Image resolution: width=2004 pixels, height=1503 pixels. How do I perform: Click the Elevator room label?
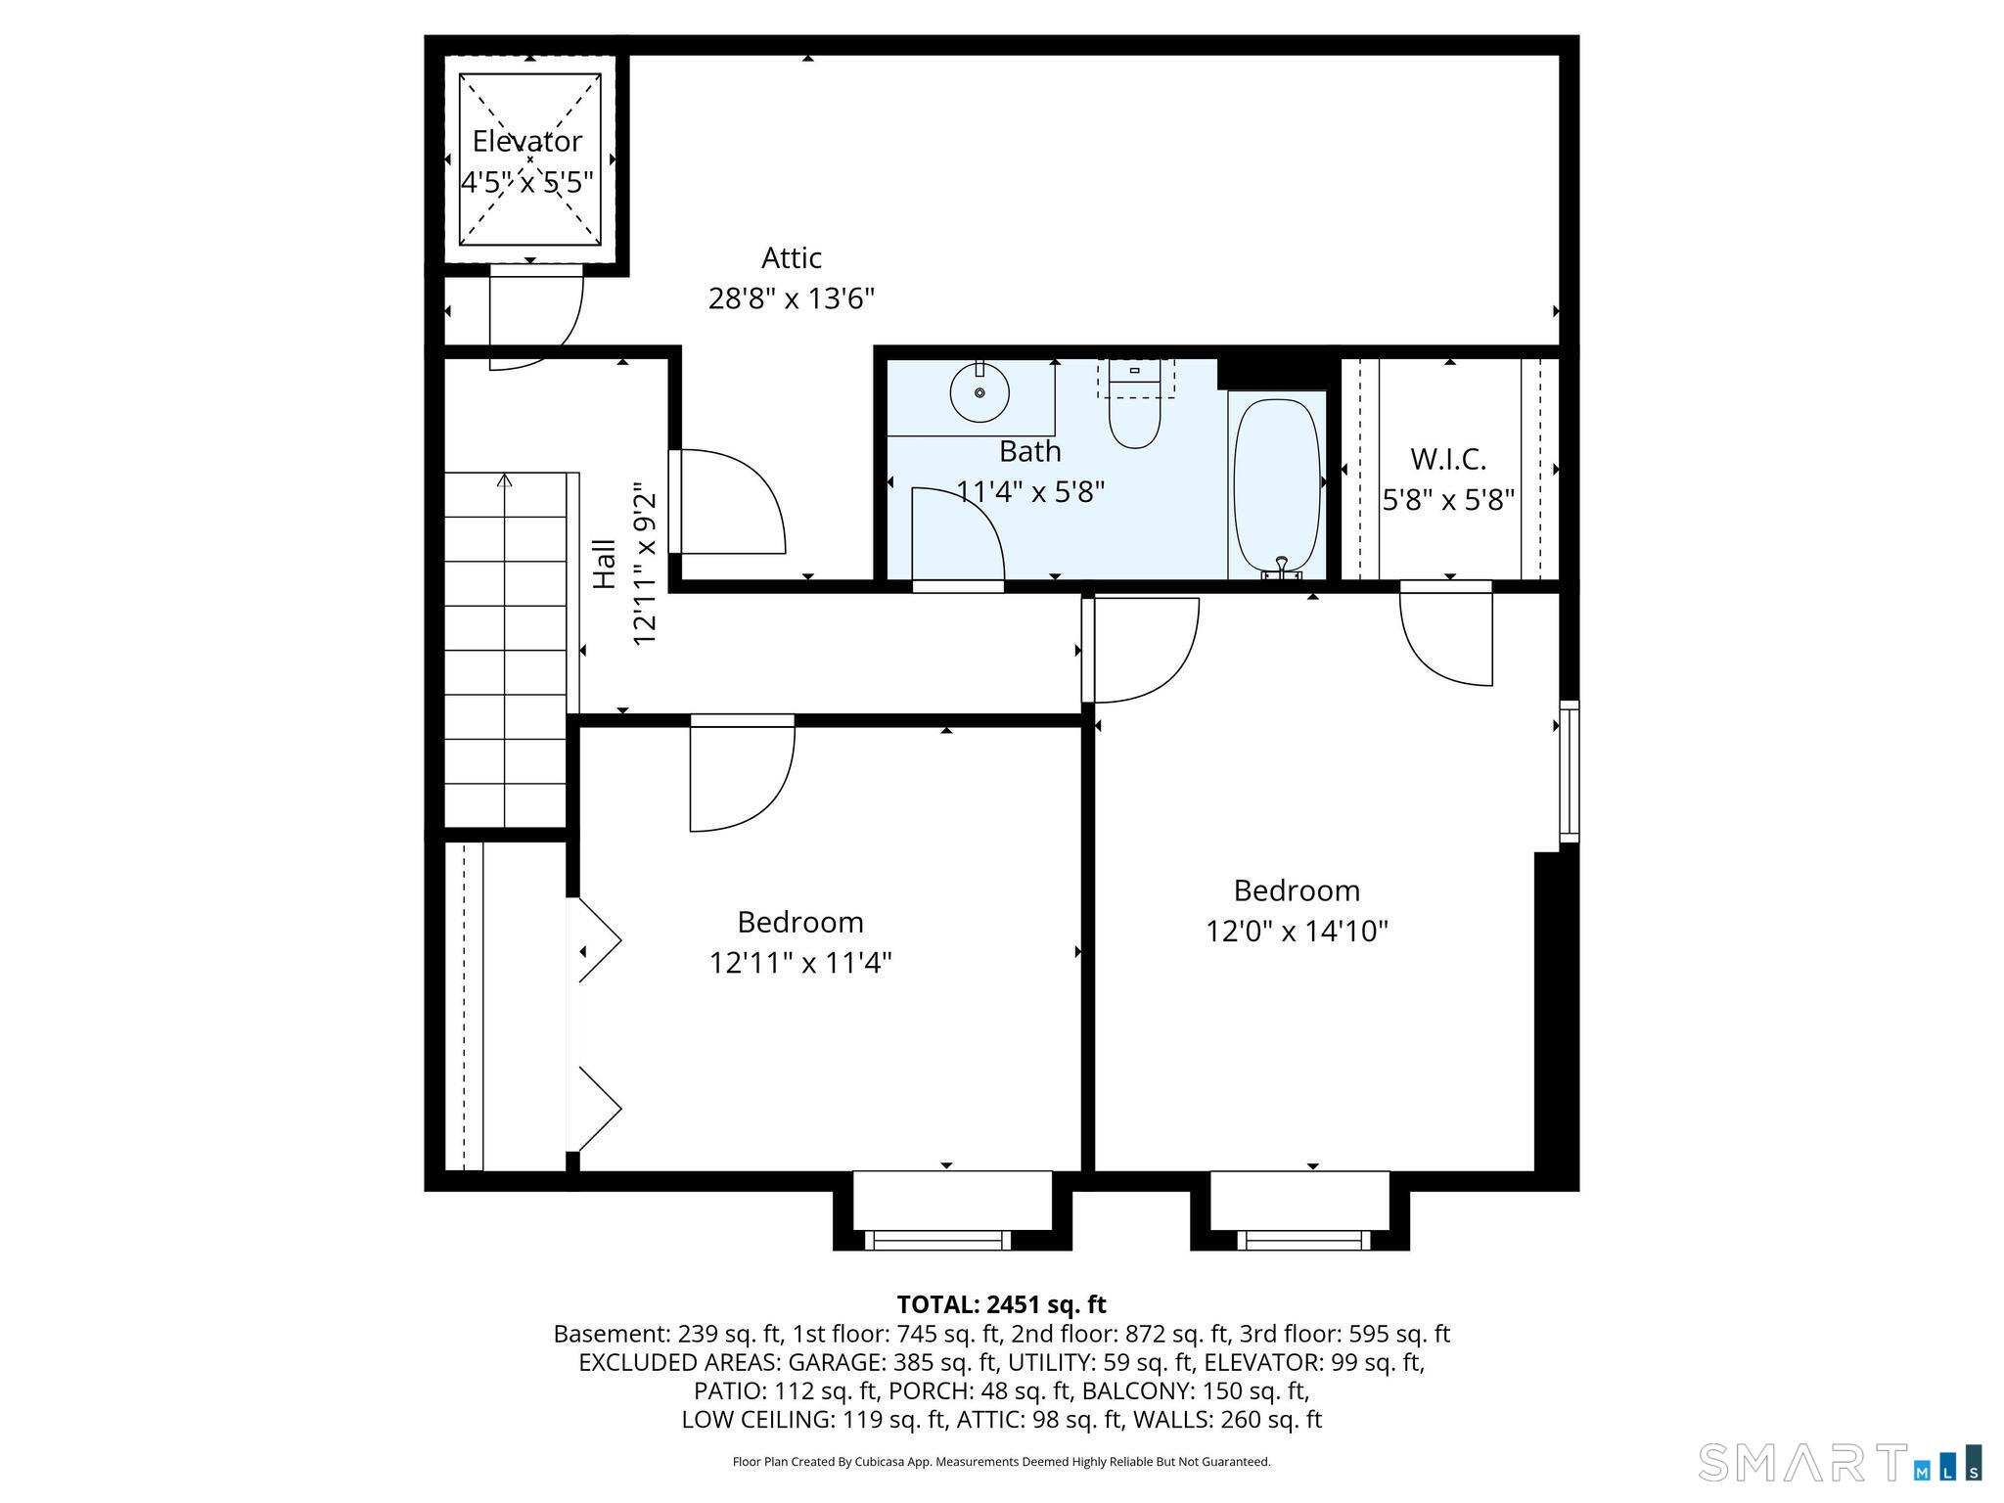[x=526, y=142]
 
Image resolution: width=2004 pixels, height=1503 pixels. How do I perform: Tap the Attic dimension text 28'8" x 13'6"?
[x=791, y=298]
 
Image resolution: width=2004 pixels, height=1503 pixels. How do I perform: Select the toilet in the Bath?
[x=1134, y=404]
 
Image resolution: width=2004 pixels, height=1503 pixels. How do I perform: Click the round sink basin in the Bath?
[x=979, y=392]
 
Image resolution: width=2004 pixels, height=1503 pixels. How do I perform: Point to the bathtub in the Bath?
[x=1277, y=486]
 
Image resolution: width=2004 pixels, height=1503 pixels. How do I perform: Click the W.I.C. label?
[x=1448, y=458]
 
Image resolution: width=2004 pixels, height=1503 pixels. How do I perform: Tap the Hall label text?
[x=606, y=565]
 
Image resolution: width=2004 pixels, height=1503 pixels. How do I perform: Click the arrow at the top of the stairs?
[x=505, y=480]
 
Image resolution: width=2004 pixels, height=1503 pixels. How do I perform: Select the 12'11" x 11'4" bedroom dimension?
[x=800, y=964]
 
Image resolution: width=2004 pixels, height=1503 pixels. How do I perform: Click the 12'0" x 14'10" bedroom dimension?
[x=1297, y=931]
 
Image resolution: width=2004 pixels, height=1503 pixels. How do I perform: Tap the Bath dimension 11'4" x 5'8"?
[x=1030, y=491]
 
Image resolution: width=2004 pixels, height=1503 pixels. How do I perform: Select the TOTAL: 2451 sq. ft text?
[x=1001, y=1304]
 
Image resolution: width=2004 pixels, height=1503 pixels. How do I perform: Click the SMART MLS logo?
[x=1841, y=1461]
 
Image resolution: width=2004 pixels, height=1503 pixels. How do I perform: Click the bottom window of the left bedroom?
[x=937, y=1240]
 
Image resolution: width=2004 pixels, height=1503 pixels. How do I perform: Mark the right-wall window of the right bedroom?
[x=1570, y=771]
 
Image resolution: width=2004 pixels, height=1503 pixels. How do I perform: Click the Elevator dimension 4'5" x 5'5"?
[x=526, y=183]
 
